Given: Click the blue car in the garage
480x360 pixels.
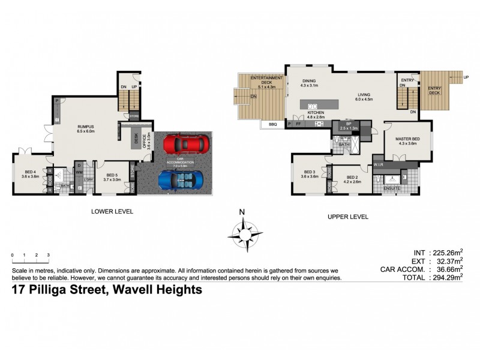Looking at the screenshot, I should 181,179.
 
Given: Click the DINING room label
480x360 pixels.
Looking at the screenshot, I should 308,81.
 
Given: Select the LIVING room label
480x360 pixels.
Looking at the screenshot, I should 364,94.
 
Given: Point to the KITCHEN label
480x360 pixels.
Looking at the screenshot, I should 316,112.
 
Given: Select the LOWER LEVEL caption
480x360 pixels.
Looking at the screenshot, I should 112,211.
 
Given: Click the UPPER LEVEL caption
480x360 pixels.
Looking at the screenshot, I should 347,216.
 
